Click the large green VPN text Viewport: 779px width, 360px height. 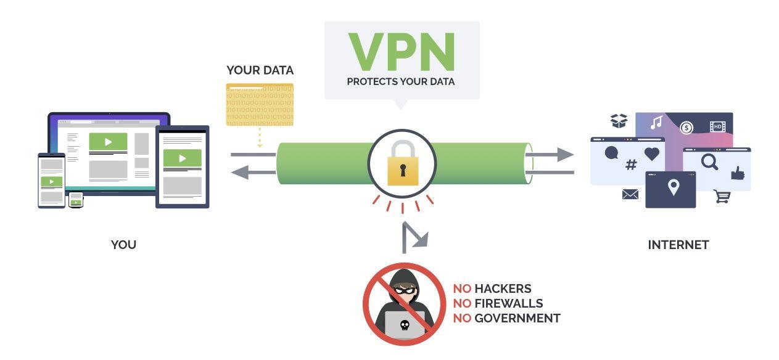click(x=402, y=52)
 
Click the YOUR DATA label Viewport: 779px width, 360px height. click(x=260, y=70)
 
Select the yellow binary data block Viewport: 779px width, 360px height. click(x=260, y=105)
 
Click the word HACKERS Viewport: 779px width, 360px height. click(x=503, y=288)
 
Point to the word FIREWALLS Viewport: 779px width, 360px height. click(x=508, y=303)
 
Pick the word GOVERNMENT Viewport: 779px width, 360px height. click(x=517, y=319)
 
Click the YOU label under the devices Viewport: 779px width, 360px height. click(x=123, y=245)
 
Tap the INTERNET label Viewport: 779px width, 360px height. click(x=678, y=245)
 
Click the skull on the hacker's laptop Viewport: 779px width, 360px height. click(x=404, y=325)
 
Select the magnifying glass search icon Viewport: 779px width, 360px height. click(x=710, y=162)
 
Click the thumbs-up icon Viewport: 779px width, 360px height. click(x=738, y=173)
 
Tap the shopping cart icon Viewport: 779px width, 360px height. click(x=722, y=197)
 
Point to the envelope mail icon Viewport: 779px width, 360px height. click(x=630, y=195)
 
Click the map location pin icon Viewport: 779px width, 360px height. click(x=674, y=187)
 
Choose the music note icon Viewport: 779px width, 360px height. click(x=656, y=122)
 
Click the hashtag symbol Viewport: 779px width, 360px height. click(x=631, y=165)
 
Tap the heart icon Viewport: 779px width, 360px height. click(x=652, y=154)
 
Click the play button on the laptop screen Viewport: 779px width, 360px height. click(x=109, y=142)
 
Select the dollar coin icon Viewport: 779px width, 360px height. click(x=686, y=128)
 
